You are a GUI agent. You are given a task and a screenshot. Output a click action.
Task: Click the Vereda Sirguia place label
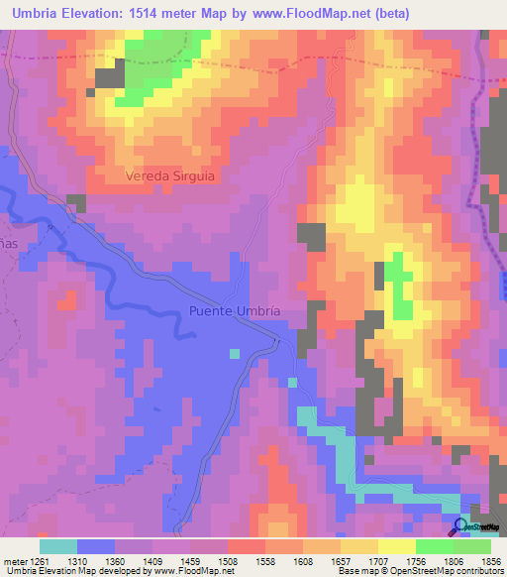171,175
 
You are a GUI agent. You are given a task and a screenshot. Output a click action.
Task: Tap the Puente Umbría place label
235,311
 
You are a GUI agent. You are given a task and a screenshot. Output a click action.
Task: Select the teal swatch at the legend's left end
58,546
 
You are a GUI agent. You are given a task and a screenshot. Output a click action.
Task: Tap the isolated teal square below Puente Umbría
234,353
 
